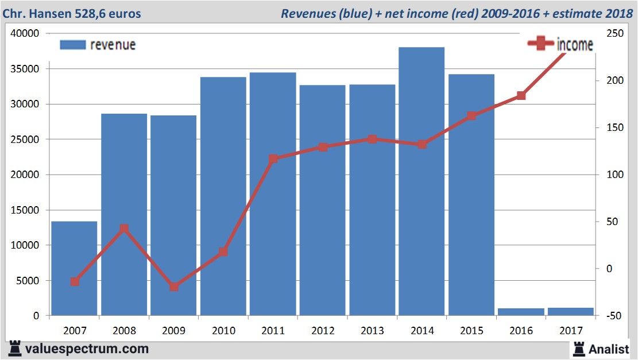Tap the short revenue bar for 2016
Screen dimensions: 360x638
(x=521, y=312)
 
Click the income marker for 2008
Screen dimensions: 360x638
(x=123, y=229)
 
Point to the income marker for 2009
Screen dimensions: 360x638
(x=174, y=287)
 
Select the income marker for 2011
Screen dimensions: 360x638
(x=273, y=158)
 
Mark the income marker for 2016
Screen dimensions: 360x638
(x=521, y=95)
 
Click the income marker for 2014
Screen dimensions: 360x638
(x=422, y=144)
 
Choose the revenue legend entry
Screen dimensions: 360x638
(x=98, y=45)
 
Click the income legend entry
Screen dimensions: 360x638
(x=560, y=44)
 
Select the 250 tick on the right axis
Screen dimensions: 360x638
(x=614, y=33)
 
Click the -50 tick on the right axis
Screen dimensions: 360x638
(x=613, y=316)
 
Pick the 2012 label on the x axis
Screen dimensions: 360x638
(x=323, y=331)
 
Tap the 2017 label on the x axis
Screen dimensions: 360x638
(x=570, y=331)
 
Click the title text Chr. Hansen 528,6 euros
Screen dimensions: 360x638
(x=71, y=13)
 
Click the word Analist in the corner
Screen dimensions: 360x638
(x=609, y=349)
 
